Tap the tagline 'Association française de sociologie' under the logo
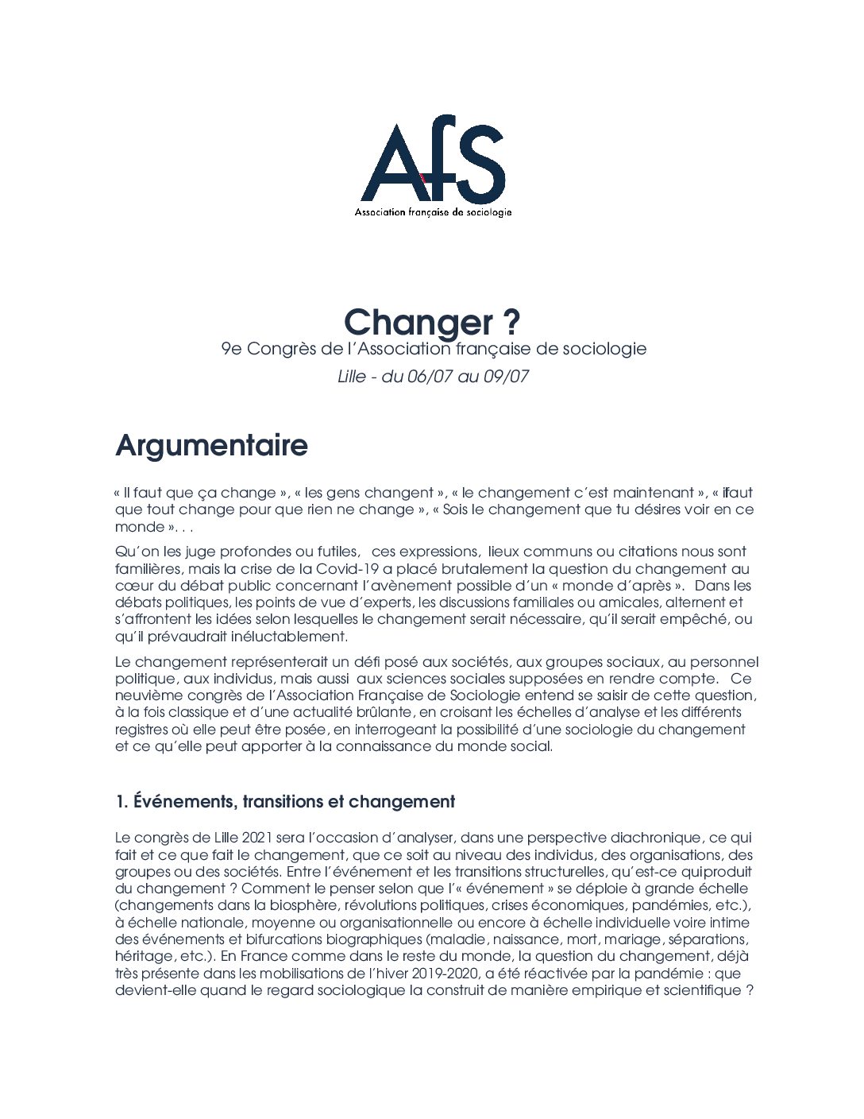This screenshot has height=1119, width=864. (x=433, y=212)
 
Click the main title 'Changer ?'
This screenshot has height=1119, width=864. (x=432, y=322)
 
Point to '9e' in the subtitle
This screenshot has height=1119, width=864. (x=231, y=349)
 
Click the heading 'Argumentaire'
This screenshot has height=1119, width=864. (x=211, y=445)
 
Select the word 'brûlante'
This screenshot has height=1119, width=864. (x=382, y=712)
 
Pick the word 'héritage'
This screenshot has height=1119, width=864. (x=144, y=956)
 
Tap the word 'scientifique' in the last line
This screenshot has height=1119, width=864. (x=702, y=990)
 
